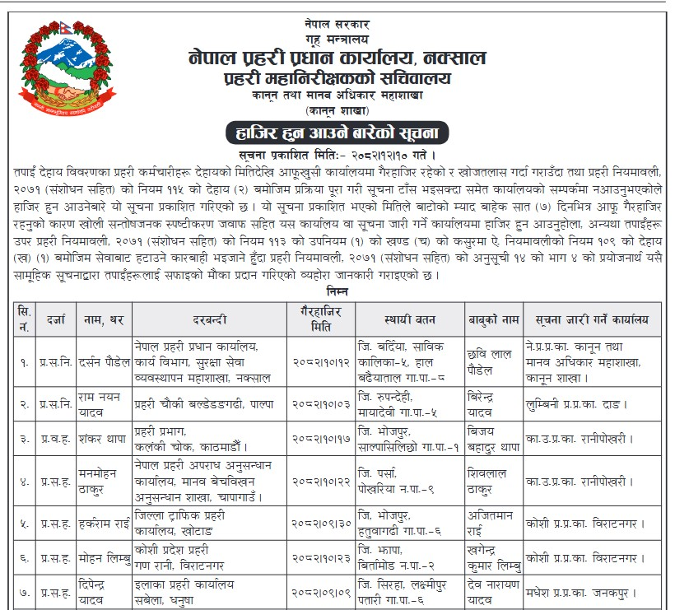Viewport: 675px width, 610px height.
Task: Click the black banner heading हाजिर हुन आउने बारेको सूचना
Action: coord(337,133)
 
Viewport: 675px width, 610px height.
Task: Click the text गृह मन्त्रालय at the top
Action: coord(337,38)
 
